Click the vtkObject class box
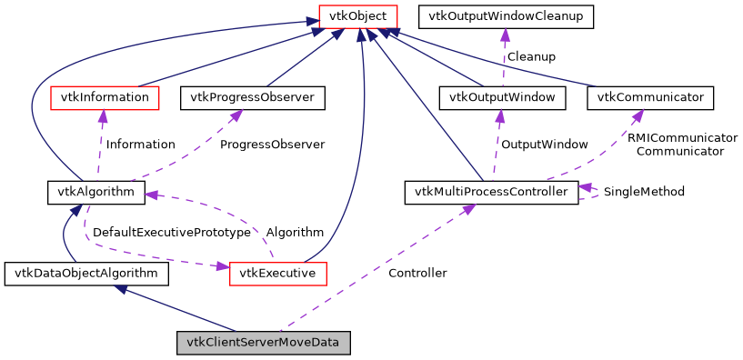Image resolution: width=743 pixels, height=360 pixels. [357, 15]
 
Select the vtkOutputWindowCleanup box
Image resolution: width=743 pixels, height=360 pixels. [506, 15]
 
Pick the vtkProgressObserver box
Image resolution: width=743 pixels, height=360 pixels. [253, 96]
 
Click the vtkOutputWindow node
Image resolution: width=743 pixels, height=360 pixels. [502, 96]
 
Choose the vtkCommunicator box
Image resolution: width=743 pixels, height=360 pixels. [650, 96]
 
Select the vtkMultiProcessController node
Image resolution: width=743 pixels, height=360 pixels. [490, 192]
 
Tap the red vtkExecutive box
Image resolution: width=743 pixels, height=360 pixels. [277, 273]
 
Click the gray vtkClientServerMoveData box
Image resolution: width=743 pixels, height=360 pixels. [263, 344]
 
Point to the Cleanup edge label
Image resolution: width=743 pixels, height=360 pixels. [531, 56]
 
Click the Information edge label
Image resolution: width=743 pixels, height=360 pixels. [140, 144]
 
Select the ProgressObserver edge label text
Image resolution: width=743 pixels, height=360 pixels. [272, 144]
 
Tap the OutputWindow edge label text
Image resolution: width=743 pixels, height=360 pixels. [545, 144]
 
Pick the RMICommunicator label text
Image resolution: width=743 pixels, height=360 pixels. [682, 137]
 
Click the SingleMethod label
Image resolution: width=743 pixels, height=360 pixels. [644, 192]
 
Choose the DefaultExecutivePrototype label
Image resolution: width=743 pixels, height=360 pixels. [171, 233]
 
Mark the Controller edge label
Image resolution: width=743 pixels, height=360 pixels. [417, 273]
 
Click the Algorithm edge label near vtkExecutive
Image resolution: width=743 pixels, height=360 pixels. [295, 233]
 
